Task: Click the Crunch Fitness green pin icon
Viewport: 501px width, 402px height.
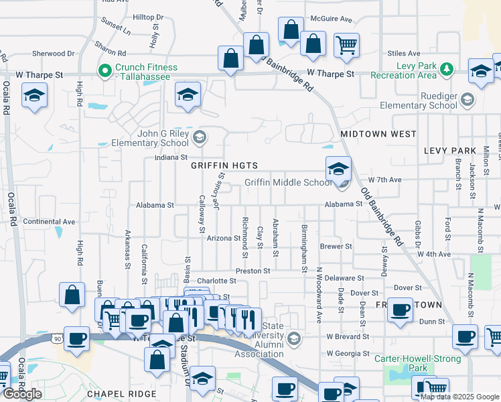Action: [x=104, y=70]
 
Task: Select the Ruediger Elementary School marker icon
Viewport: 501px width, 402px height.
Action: [x=467, y=100]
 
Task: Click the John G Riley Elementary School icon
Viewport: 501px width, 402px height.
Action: [x=198, y=138]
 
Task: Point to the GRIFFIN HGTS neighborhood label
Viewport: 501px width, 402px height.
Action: [x=224, y=165]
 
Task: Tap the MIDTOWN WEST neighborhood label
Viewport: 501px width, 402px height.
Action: [x=378, y=134]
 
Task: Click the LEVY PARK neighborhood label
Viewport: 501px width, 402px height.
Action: [x=449, y=151]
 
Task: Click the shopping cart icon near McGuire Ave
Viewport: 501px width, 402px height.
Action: [x=346, y=46]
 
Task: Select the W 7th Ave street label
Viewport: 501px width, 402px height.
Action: [x=384, y=180]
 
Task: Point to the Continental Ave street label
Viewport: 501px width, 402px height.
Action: [x=50, y=221]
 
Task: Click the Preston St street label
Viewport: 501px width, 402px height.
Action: [x=253, y=271]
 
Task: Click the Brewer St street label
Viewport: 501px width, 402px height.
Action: [x=336, y=247]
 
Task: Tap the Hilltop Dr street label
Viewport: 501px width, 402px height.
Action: [x=148, y=17]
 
